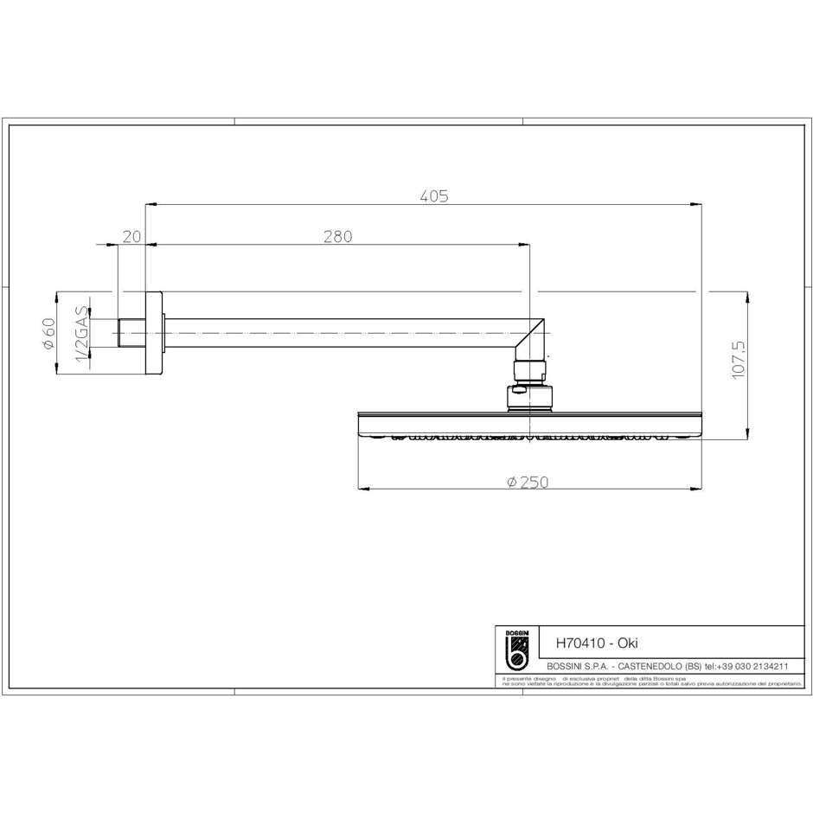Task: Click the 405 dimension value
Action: click(x=434, y=196)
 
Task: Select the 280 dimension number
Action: click(x=337, y=236)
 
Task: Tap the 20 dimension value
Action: click(x=131, y=236)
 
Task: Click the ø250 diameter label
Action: click(x=528, y=482)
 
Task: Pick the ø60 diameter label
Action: click(x=49, y=334)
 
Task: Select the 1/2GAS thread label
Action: click(x=82, y=334)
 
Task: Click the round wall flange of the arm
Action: click(x=154, y=333)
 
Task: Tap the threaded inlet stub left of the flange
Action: click(x=130, y=333)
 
